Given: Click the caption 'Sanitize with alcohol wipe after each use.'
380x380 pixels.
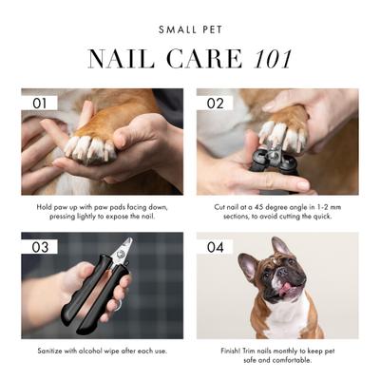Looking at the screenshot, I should [x=102, y=351].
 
